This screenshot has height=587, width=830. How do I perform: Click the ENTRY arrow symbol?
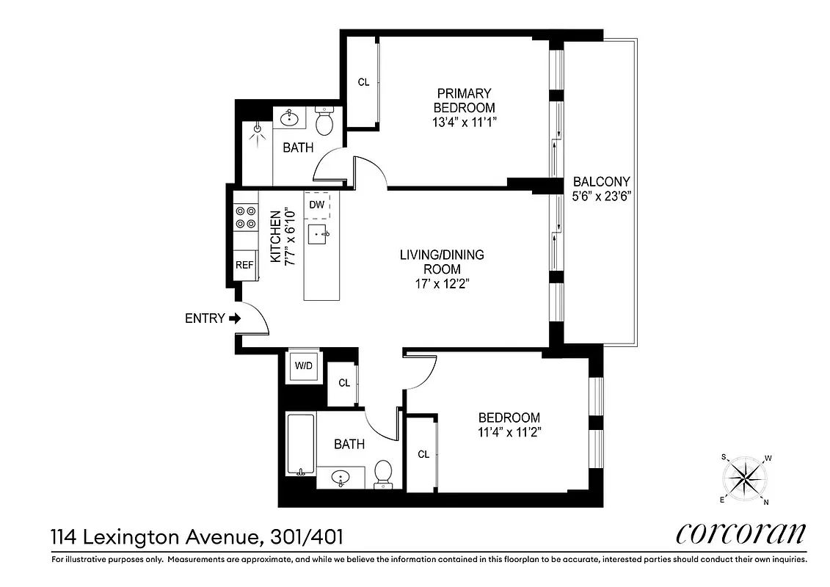(235, 318)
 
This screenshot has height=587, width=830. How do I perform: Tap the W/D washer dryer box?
(303, 365)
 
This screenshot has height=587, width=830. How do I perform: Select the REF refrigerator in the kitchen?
(244, 265)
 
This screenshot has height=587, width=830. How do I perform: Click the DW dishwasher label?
(317, 205)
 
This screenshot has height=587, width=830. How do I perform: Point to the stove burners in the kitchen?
(245, 217)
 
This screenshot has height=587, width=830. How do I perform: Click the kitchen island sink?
(318, 236)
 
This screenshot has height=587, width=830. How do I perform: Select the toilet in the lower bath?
(383, 473)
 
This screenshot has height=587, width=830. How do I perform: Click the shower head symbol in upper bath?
(257, 130)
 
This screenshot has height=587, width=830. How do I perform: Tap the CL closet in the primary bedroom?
(363, 82)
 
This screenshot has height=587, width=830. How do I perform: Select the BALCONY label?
(601, 181)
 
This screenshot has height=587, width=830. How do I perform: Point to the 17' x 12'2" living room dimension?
(441, 284)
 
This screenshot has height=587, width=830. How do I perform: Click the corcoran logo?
(740, 533)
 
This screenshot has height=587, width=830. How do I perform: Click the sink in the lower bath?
(341, 478)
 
